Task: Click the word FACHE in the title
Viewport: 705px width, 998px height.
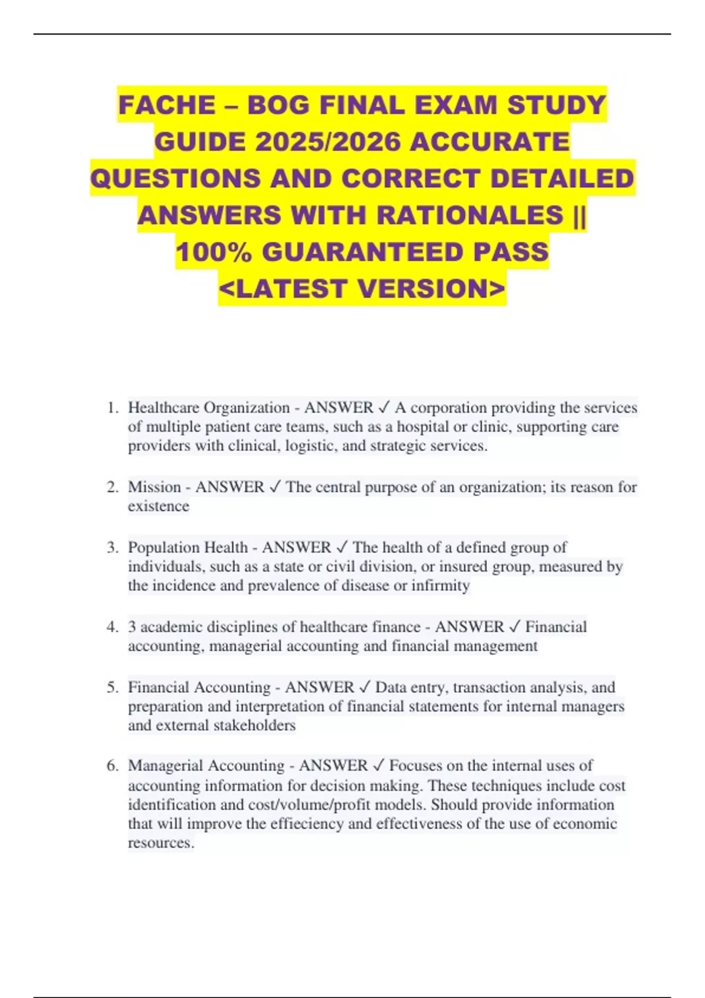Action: [x=167, y=105]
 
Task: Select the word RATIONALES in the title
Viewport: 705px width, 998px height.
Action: [x=470, y=215]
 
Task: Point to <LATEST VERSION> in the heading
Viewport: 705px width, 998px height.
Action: [x=362, y=288]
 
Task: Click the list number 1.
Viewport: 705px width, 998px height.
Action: [x=113, y=407]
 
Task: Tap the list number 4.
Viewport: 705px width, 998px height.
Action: [x=113, y=627]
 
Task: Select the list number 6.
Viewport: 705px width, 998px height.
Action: [x=113, y=766]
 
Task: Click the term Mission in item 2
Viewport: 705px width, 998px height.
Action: [x=155, y=487]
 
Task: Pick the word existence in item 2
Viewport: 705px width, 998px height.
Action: [x=159, y=506]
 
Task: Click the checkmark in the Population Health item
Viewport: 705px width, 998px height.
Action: [x=342, y=547]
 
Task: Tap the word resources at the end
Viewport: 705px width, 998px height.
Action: [x=160, y=843]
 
